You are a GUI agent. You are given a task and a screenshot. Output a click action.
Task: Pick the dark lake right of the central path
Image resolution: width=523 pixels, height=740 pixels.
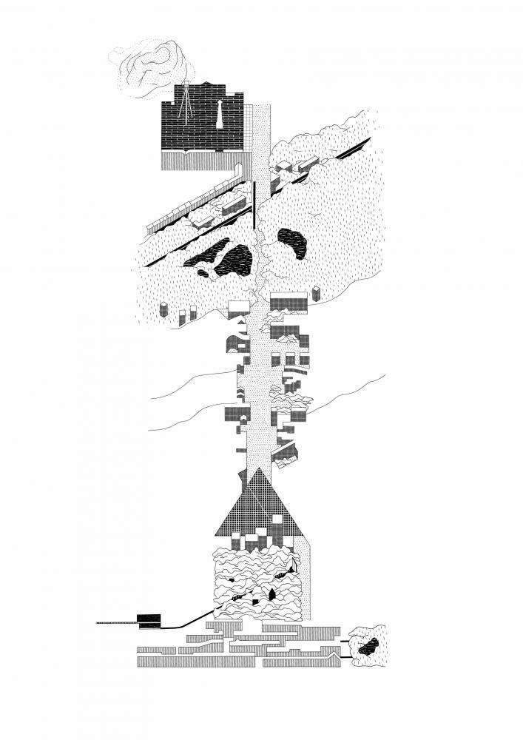(x=292, y=243)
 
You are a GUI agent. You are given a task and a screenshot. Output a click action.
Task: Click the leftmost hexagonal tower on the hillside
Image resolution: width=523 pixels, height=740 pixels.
(x=164, y=309)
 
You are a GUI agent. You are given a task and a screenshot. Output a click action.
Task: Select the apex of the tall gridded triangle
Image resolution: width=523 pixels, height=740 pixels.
(x=258, y=469)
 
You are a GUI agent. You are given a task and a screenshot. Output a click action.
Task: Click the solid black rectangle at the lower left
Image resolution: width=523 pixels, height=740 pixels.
(x=149, y=620)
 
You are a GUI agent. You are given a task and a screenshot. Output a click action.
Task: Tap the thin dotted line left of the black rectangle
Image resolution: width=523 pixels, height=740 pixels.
(x=117, y=624)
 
